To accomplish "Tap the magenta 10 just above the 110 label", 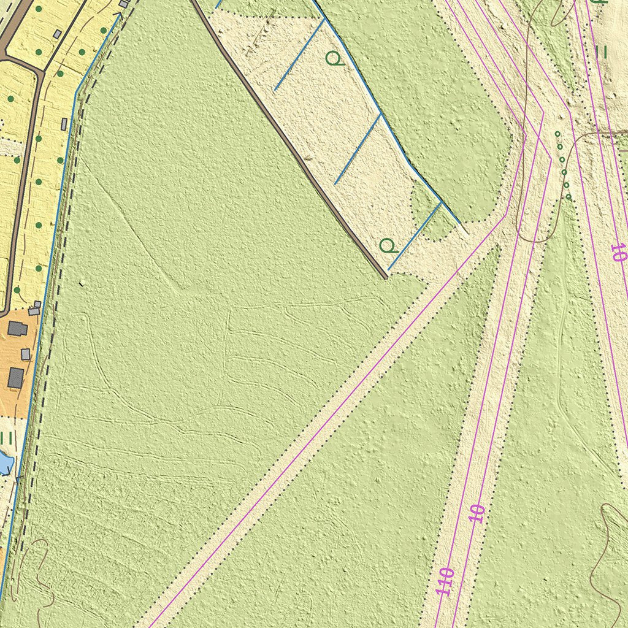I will (477, 513).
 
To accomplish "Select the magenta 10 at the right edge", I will (618, 253).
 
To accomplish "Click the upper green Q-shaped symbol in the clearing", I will (333, 59).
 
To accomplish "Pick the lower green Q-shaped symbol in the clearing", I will (387, 247).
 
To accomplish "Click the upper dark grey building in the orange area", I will (17, 329).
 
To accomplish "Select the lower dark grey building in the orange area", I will (15, 377).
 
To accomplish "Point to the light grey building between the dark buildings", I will (25, 354).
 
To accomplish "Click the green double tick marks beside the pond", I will (7, 438).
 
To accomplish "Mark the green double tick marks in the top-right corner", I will (601, 52).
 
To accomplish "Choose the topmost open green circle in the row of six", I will (557, 134).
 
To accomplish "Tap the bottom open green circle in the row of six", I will (569, 197).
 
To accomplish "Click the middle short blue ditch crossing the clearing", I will (358, 149).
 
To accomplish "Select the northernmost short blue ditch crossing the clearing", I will (299, 55).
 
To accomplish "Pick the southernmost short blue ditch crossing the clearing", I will (415, 236).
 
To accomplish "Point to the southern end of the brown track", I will (386, 277).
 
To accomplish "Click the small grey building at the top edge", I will (123, 4).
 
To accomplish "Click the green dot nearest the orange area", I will (17, 289).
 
